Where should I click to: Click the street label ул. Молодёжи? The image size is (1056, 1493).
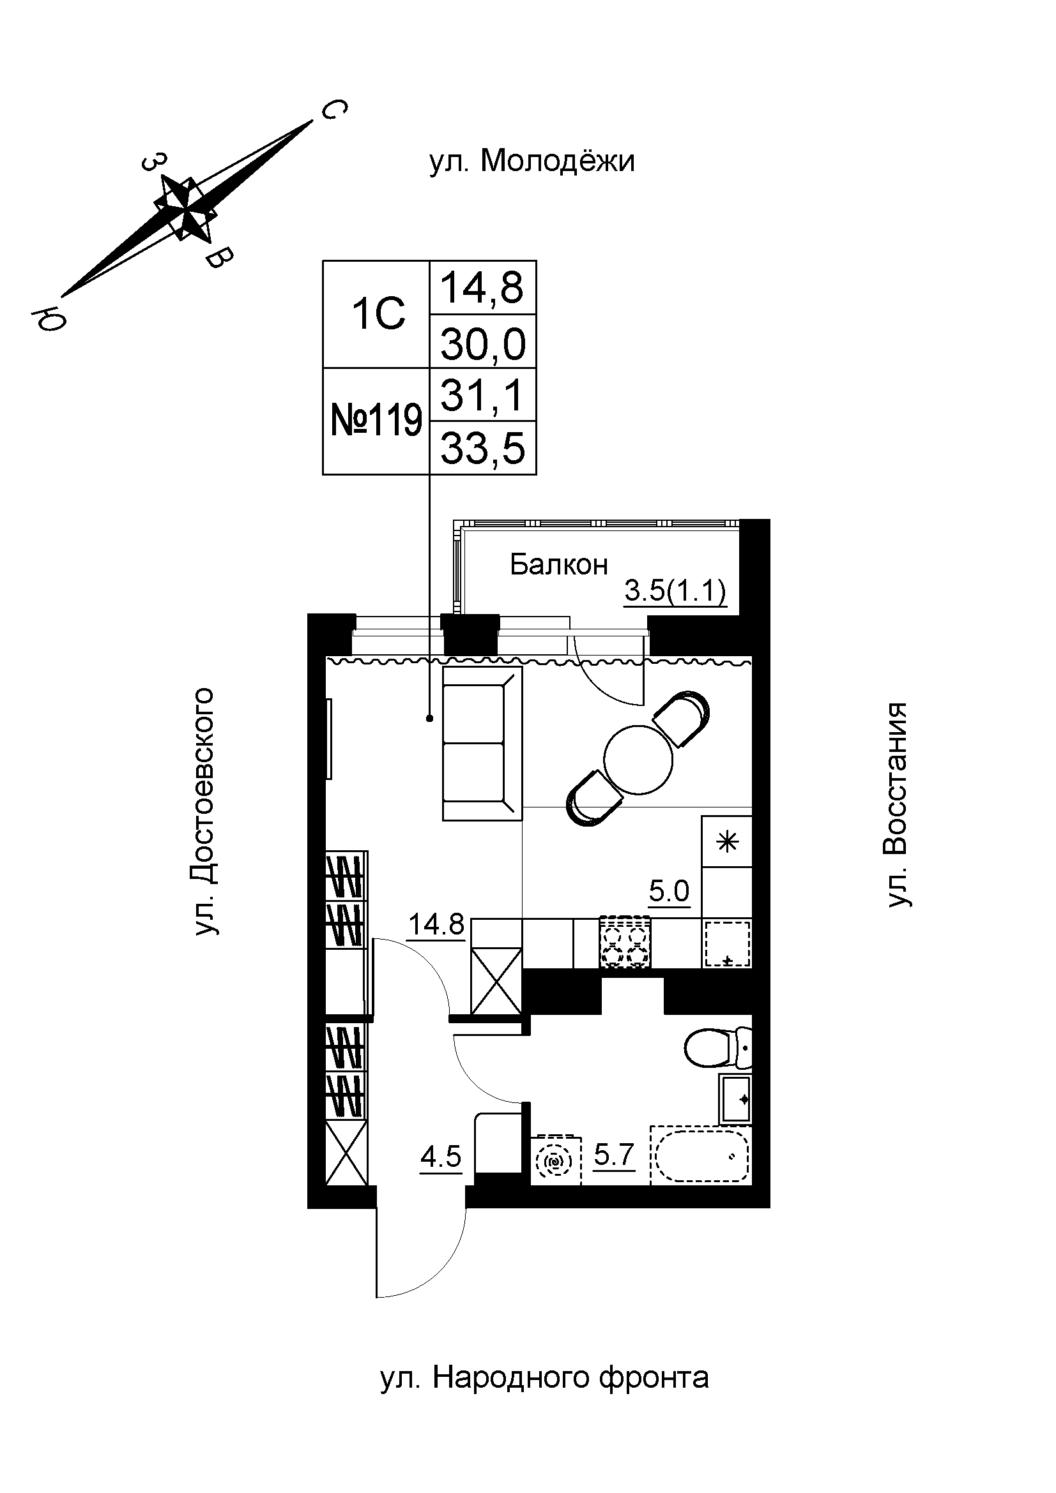click(532, 161)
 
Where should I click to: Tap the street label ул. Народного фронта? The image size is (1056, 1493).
click(544, 1377)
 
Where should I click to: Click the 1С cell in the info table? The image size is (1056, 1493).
click(378, 314)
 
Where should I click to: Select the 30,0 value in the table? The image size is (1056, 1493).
click(483, 344)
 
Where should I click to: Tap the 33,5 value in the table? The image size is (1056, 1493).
click(483, 448)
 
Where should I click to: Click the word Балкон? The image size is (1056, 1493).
click(558, 564)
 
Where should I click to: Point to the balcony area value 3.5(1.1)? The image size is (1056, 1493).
click(675, 592)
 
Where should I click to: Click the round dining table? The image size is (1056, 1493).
click(638, 759)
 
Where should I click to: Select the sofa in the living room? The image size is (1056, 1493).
click(482, 742)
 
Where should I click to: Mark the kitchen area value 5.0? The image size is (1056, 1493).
click(669, 890)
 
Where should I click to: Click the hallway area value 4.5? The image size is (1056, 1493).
click(441, 1157)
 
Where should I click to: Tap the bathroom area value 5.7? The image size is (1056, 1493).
click(613, 1155)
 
